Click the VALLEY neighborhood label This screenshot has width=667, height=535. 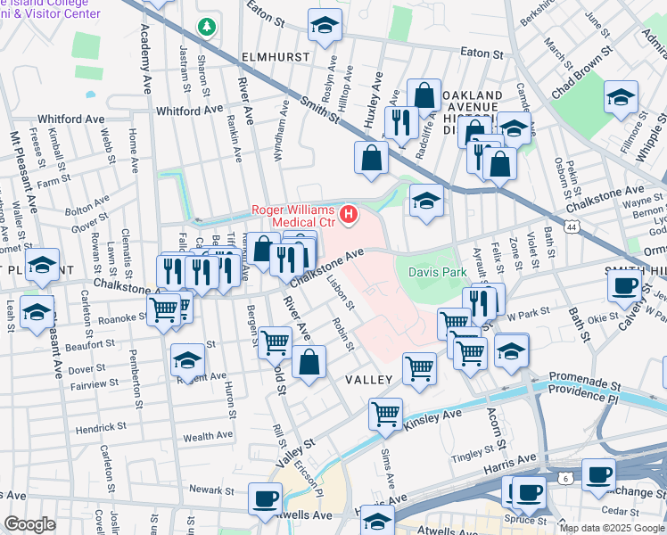click(369, 380)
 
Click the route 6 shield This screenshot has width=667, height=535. click(565, 479)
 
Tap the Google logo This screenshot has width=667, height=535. click(30, 524)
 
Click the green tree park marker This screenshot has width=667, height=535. click(207, 28)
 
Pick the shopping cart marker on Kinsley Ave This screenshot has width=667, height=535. click(385, 413)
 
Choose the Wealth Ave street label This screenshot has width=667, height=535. click(208, 437)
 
